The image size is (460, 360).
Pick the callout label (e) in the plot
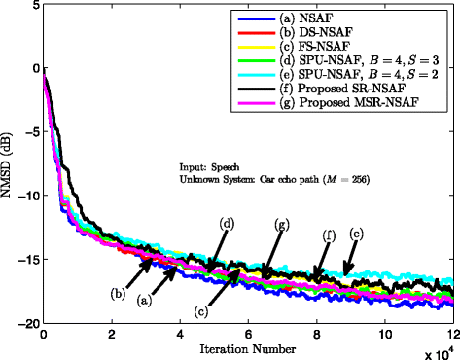356,234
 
